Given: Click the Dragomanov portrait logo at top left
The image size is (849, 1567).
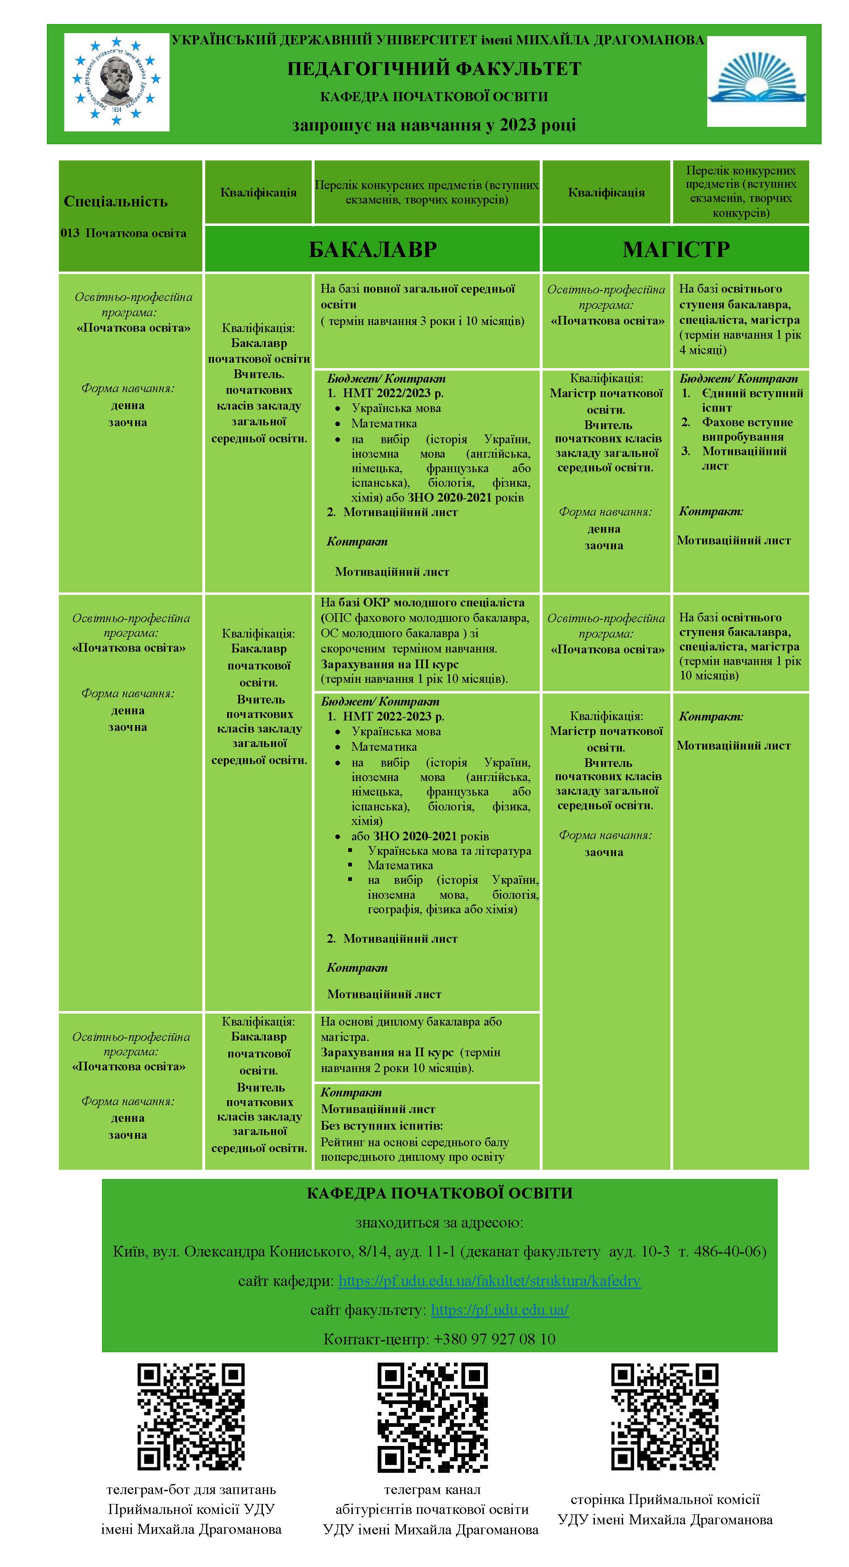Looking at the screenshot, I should click(x=117, y=82).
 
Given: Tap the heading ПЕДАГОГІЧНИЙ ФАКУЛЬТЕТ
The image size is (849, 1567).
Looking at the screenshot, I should click(x=434, y=69).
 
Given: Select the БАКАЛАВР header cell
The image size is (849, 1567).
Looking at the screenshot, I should click(x=372, y=249).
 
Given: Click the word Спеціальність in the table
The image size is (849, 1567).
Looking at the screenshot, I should click(x=116, y=201).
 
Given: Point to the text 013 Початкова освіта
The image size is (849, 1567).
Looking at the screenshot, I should click(x=124, y=233).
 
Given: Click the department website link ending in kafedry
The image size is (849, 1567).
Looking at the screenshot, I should click(x=489, y=1281).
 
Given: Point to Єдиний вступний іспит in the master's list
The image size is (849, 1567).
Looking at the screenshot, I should click(x=752, y=400).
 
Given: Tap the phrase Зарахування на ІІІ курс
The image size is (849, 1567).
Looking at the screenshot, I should click(x=389, y=664).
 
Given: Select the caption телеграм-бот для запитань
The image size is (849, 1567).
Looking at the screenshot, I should click(x=191, y=1489).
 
